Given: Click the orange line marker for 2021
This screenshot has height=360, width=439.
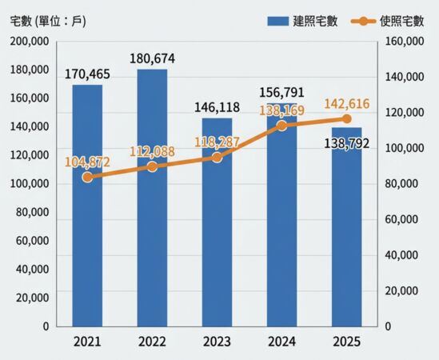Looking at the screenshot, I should pyautogui.click(x=87, y=177).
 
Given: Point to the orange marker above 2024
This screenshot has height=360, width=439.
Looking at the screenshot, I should pyautogui.click(x=281, y=126).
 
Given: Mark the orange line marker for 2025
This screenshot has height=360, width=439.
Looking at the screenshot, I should pyautogui.click(x=346, y=118).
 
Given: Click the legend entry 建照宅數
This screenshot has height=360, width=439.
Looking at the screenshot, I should pyautogui.click(x=303, y=21).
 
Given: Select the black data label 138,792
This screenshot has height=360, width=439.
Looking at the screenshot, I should pyautogui.click(x=346, y=144).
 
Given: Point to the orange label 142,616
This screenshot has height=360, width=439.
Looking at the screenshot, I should pyautogui.click(x=345, y=103).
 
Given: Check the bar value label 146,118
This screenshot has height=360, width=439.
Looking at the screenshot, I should pyautogui.click(x=217, y=106).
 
